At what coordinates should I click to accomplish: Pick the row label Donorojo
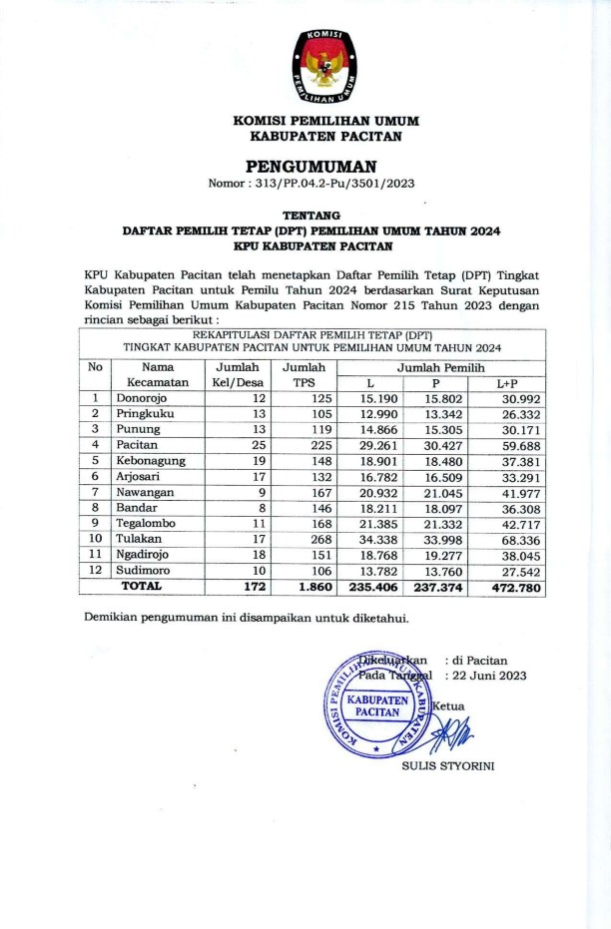tap(145, 398)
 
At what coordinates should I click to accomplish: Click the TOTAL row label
tap(141, 587)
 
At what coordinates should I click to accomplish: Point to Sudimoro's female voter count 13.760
tap(447, 572)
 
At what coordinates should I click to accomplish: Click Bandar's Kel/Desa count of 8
tap(261, 508)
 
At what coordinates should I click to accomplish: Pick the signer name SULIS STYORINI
tap(447, 766)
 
